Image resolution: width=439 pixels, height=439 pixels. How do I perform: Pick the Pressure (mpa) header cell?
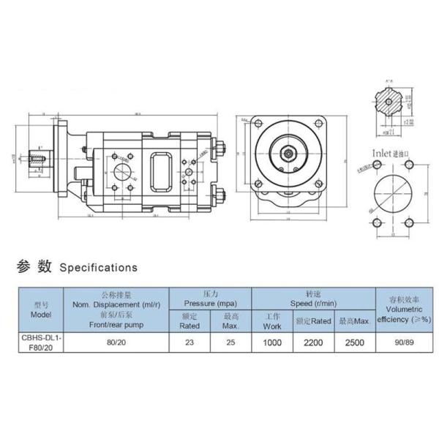(x=210, y=297)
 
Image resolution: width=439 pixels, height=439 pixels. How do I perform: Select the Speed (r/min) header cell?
(x=312, y=297)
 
